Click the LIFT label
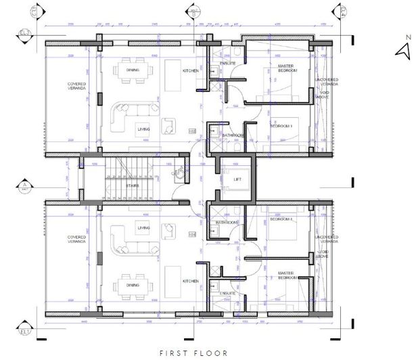(x=237, y=179)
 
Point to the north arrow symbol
(x=403, y=51)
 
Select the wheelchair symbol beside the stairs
(x=177, y=173)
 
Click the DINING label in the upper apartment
(x=133, y=70)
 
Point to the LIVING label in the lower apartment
(x=144, y=228)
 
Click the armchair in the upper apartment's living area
(x=168, y=122)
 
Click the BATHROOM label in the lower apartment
(x=226, y=223)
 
